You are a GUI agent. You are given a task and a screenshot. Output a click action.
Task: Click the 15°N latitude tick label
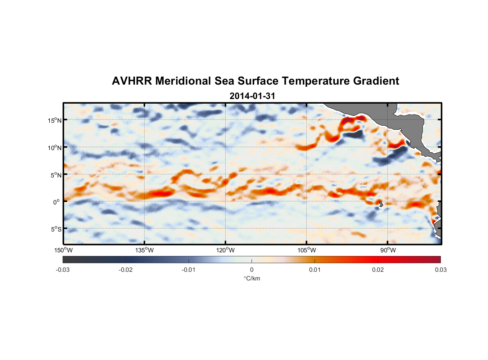click(54, 120)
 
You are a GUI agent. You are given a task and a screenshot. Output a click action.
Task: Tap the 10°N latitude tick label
click(54, 148)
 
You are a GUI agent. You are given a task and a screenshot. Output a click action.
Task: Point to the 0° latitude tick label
click(57, 202)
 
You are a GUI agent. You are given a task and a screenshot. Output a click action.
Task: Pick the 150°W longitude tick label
click(63, 250)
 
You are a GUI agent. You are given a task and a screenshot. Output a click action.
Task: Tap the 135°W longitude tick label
click(144, 250)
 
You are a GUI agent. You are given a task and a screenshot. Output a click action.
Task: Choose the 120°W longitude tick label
click(225, 250)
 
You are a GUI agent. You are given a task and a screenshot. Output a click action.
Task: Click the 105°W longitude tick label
click(307, 250)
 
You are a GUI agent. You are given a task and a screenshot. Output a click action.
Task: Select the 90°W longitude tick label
click(388, 250)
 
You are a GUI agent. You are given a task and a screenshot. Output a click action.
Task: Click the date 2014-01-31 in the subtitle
click(252, 96)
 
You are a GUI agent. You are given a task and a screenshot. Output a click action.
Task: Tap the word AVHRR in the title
click(132, 81)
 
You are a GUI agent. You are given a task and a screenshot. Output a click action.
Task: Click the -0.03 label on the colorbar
click(63, 270)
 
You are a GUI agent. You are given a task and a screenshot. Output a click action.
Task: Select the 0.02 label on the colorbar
click(378, 270)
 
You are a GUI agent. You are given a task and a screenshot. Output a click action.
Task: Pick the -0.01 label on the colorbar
click(189, 270)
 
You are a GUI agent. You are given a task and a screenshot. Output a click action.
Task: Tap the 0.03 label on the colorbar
click(440, 270)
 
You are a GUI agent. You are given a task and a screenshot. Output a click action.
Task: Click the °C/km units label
click(252, 278)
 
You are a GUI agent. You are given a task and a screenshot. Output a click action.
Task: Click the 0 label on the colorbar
click(252, 270)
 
